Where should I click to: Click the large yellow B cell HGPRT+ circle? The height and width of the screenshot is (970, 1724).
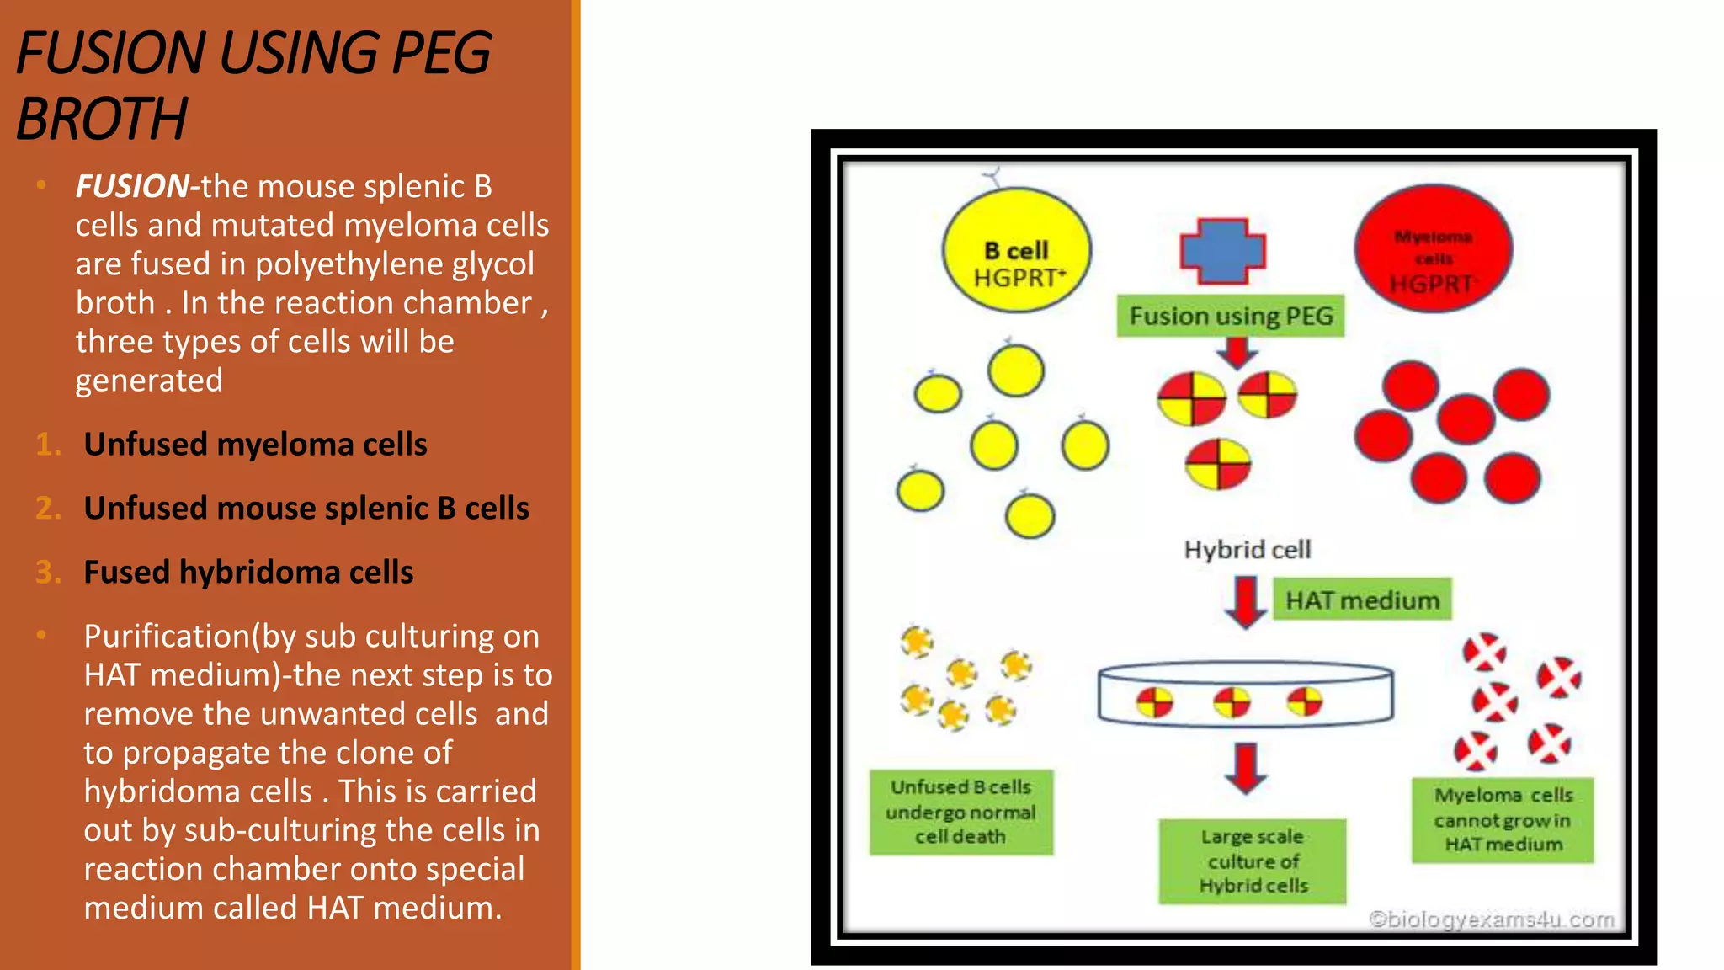[1016, 250]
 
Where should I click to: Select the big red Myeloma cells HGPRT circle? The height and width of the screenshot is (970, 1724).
[1433, 248]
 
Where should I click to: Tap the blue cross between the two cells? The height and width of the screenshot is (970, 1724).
[1223, 251]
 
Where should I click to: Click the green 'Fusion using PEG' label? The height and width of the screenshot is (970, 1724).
[1231, 317]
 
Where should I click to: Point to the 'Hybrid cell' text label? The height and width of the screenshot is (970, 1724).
[1247, 550]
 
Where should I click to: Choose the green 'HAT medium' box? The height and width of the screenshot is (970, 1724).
[1362, 600]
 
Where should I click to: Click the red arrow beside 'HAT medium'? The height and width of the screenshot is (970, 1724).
[1245, 601]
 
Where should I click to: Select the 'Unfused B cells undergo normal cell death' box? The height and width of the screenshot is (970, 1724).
[960, 812]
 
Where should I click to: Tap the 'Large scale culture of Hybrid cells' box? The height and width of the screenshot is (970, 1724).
[1253, 861]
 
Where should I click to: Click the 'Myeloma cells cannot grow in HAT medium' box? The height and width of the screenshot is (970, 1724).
[1503, 819]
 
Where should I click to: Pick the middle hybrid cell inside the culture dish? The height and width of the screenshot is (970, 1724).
[1232, 701]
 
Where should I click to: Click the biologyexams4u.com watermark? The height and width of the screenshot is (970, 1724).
[1491, 919]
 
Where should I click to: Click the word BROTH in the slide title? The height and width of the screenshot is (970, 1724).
[102, 119]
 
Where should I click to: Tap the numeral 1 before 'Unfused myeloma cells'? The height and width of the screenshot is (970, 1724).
[48, 445]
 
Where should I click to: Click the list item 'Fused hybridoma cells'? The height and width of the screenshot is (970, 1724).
[248, 573]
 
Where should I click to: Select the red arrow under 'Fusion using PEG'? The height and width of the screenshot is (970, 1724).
[1237, 352]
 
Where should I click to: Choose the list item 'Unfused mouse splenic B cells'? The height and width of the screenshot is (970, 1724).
[306, 509]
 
